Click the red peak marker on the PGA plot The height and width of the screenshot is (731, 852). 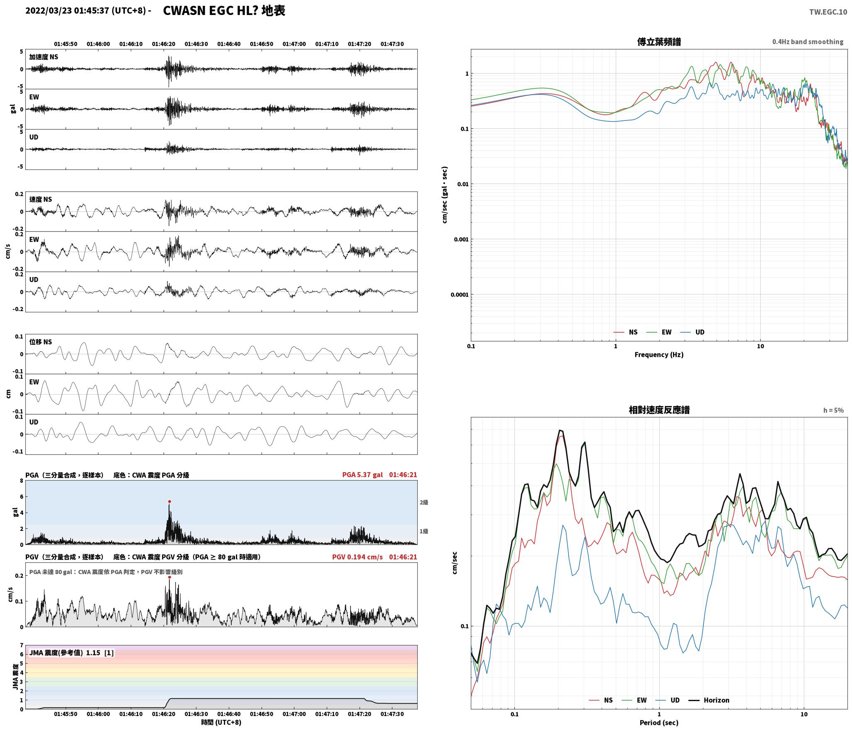click(169, 501)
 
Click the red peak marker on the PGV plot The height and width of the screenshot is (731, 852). click(169, 577)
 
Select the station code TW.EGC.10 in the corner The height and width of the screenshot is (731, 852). click(828, 12)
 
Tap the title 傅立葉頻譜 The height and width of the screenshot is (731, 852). click(659, 42)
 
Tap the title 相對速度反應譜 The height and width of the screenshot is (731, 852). click(659, 410)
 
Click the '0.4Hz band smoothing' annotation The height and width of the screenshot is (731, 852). click(808, 42)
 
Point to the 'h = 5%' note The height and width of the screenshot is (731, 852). click(833, 410)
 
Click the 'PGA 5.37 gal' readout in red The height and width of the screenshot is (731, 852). click(362, 474)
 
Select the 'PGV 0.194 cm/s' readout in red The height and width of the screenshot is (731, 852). click(357, 557)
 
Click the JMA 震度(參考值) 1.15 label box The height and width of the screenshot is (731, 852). click(71, 653)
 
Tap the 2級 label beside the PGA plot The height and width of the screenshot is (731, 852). click(424, 502)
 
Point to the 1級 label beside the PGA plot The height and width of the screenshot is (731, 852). click(424, 531)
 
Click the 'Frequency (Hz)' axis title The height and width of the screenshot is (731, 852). click(659, 354)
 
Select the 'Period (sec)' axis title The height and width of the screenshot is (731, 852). click(659, 723)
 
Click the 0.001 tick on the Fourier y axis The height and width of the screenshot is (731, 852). click(460, 239)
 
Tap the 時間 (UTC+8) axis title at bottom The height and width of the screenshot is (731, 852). click(221, 722)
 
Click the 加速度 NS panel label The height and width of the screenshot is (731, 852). click(44, 57)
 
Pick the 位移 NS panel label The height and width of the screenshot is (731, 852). click(41, 342)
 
